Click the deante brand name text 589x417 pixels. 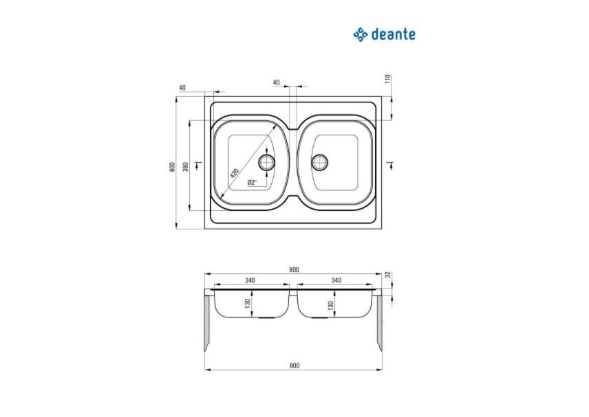pyautogui.click(x=394, y=34)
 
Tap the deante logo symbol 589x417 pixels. pyautogui.click(x=361, y=34)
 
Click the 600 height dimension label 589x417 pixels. pyautogui.click(x=173, y=166)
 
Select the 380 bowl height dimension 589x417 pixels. pyautogui.click(x=185, y=166)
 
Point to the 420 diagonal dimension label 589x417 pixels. pyautogui.click(x=234, y=173)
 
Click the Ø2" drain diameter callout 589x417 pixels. pyautogui.click(x=252, y=183)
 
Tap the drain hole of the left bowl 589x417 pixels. pyautogui.click(x=267, y=162)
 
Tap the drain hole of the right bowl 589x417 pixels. pyautogui.click(x=320, y=162)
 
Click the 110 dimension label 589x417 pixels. pyautogui.click(x=388, y=79)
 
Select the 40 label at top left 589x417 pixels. pyautogui.click(x=182, y=88)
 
